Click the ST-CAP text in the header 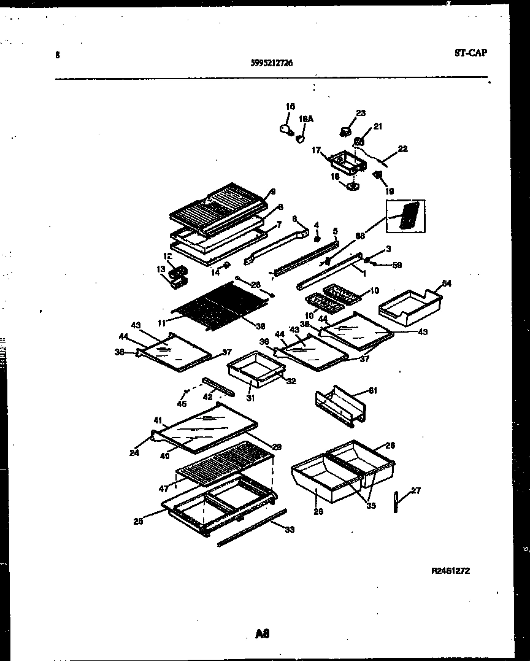click(x=470, y=53)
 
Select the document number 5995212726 click(x=272, y=61)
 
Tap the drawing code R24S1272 click(x=450, y=570)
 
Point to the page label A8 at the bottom click(x=263, y=634)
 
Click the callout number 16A click(x=305, y=120)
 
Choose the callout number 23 click(x=360, y=113)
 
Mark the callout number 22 click(x=402, y=149)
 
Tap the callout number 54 click(x=447, y=283)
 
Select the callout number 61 click(x=372, y=390)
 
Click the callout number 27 click(x=416, y=490)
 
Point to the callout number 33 click(x=290, y=529)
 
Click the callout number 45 click(x=181, y=403)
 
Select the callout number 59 click(x=397, y=265)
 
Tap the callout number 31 click(x=251, y=397)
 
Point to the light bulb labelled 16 click(x=284, y=128)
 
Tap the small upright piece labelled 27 click(x=396, y=501)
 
